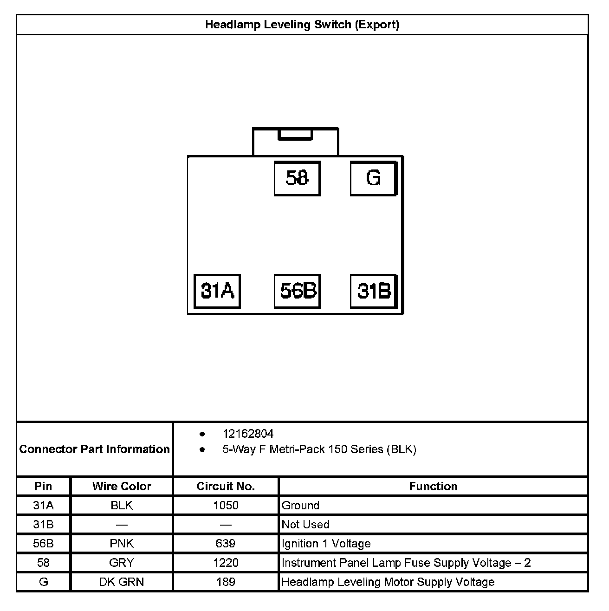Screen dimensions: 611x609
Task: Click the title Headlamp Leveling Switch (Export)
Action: [302, 25]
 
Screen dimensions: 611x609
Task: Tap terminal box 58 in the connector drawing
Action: [297, 178]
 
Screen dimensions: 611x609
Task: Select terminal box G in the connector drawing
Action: [373, 178]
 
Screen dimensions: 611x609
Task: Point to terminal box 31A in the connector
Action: [217, 291]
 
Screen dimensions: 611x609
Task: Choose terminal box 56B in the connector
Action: [298, 291]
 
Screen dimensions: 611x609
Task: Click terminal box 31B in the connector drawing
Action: [374, 291]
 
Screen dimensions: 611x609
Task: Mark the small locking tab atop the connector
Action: [295, 135]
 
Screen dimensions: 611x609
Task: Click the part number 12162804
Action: [248, 434]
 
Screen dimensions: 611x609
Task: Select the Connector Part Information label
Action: [95, 449]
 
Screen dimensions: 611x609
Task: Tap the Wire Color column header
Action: [122, 486]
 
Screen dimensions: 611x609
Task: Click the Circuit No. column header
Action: [226, 486]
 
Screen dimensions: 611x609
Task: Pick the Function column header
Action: [433, 486]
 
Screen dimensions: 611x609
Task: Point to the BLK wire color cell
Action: [122, 505]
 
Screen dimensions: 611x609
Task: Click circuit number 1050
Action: [226, 505]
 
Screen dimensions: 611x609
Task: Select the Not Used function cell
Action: [305, 524]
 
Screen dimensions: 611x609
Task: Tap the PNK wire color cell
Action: [122, 544]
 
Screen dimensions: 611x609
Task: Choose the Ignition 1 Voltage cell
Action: [326, 544]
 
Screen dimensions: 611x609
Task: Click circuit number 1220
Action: [226, 563]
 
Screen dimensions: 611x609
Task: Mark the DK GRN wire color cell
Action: [122, 582]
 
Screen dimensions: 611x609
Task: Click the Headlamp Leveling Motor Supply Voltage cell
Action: [388, 582]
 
